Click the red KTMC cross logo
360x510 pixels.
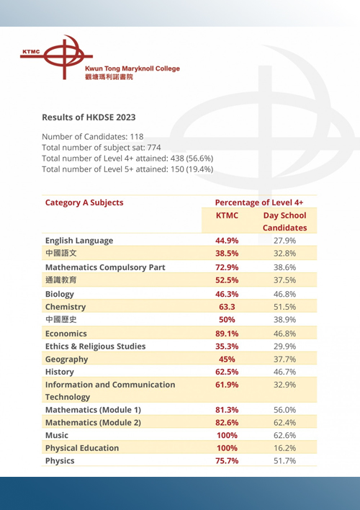(64, 57)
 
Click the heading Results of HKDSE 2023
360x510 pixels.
(89, 117)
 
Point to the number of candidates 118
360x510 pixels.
(137, 137)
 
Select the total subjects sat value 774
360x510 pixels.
(154, 148)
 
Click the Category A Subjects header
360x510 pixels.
(84, 202)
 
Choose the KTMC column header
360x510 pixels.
(227, 215)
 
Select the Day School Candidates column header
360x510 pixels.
(285, 221)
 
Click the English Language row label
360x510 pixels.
(79, 241)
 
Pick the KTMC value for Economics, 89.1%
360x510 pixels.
(227, 334)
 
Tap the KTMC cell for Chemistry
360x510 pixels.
(227, 307)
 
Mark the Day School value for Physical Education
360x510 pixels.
(285, 448)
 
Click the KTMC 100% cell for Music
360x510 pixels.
(227, 435)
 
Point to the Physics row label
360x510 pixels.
(60, 461)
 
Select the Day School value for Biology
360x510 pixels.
(285, 294)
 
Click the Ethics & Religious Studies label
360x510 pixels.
(95, 346)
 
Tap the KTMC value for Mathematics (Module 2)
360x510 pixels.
(227, 423)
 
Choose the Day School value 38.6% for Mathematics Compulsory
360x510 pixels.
(285, 267)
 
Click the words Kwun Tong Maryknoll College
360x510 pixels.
(132, 68)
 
